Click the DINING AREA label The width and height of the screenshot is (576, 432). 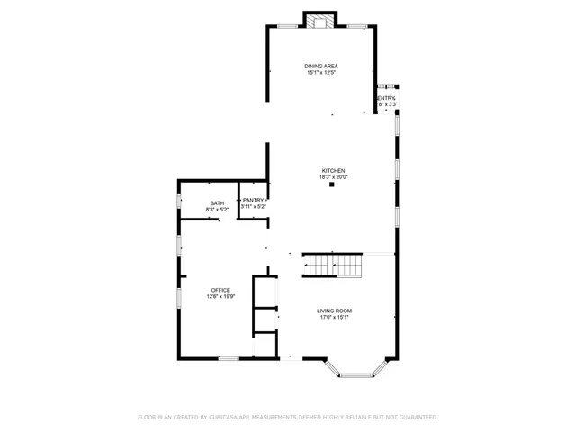coord(321,66)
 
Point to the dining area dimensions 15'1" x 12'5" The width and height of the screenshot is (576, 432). coord(321,73)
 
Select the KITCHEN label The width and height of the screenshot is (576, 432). coord(333,171)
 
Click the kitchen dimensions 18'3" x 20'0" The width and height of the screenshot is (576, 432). coord(333,177)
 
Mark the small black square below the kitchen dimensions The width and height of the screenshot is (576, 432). coord(332,186)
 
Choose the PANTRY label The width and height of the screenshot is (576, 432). coord(253,201)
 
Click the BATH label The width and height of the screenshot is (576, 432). coord(217,203)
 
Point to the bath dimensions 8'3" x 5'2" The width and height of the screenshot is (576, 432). coord(217,210)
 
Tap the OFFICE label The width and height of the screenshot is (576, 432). coord(220,290)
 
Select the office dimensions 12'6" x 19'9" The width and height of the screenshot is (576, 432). coord(220,297)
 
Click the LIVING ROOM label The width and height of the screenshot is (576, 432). coord(333,310)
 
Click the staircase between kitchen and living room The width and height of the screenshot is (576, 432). coord(331,266)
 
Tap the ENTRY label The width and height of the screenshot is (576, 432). coord(386,98)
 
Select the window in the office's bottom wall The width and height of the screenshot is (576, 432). coord(229,358)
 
